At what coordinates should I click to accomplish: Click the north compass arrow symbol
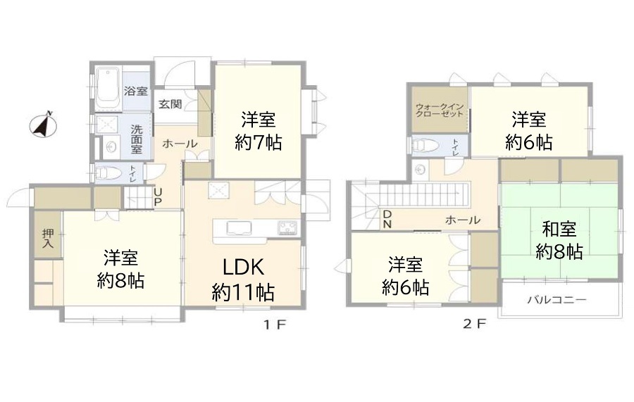click(x=43, y=125)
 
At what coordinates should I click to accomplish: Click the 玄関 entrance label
click(x=170, y=103)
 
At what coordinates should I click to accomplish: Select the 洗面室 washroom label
click(x=137, y=139)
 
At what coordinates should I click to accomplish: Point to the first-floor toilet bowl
click(x=107, y=173)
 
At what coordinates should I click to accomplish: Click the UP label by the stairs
click(x=158, y=196)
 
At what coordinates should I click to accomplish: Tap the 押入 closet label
click(x=48, y=238)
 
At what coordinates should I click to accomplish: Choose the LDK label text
click(x=244, y=268)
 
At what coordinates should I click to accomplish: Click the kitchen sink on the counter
click(x=239, y=228)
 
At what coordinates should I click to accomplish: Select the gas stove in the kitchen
click(x=288, y=228)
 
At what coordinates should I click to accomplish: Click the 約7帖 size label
click(x=259, y=143)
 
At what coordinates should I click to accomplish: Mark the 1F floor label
click(x=275, y=325)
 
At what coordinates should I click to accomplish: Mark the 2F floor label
click(x=474, y=324)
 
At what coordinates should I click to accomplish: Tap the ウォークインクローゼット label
click(x=440, y=111)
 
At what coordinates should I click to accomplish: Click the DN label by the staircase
click(x=387, y=220)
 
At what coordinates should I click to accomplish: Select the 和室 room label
click(x=559, y=230)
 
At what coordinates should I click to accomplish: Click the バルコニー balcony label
click(x=557, y=300)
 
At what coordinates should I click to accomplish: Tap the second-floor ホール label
click(x=463, y=220)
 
